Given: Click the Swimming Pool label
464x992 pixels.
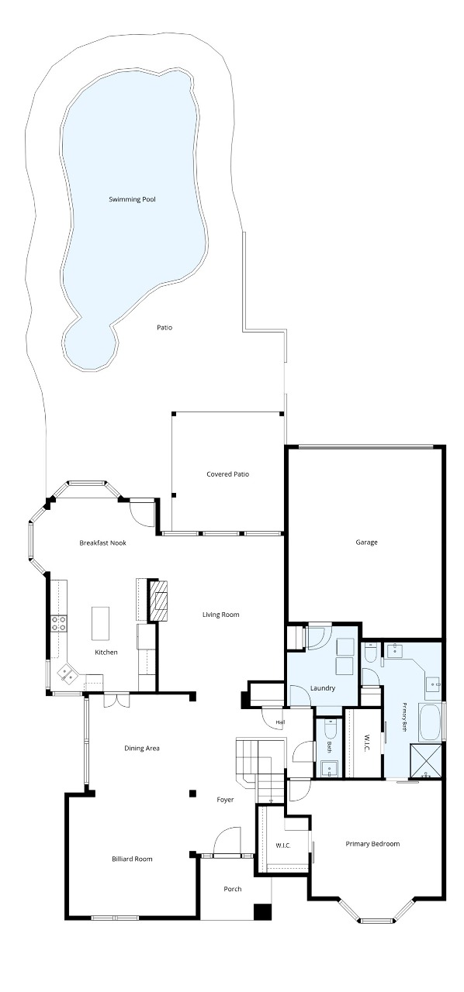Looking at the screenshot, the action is (x=132, y=199).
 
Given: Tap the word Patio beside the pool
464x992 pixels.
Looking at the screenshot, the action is (x=164, y=328).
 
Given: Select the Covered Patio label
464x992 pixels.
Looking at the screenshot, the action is (x=227, y=474).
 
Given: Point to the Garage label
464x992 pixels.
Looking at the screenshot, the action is (x=366, y=542).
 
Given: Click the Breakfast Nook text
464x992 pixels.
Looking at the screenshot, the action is (x=103, y=542).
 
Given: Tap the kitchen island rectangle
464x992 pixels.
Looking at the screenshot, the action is (x=100, y=623).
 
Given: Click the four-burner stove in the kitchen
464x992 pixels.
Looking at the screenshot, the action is (x=60, y=623).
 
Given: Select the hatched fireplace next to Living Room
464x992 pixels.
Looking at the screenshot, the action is (x=159, y=600).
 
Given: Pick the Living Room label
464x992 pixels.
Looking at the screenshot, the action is (x=221, y=615).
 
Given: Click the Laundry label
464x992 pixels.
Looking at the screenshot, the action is (x=323, y=688).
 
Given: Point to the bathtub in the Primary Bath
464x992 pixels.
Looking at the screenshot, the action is (x=429, y=723).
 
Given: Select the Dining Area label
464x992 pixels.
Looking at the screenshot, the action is (x=142, y=748).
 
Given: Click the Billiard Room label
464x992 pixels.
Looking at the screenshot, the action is (x=132, y=859).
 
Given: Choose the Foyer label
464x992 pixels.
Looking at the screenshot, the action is (x=225, y=799).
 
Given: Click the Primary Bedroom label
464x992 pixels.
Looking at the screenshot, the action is (x=372, y=844).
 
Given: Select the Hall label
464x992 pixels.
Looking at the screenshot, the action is (x=280, y=722).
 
